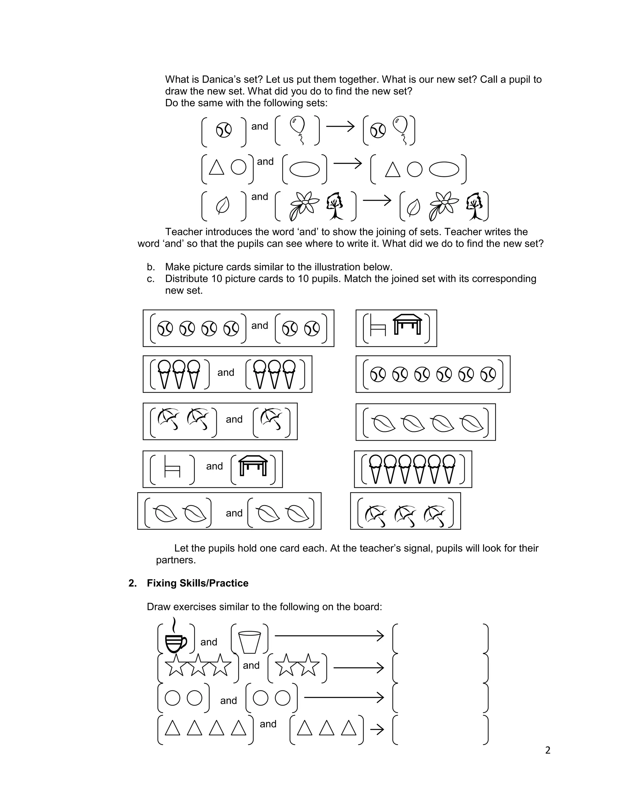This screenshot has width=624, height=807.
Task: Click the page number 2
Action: (548, 750)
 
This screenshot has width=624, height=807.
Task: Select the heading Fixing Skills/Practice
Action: (197, 583)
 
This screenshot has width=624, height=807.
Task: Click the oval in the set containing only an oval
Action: (304, 170)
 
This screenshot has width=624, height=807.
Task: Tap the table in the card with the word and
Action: (253, 466)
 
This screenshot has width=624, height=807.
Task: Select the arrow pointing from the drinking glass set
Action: (329, 636)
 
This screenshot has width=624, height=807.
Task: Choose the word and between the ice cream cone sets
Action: (225, 372)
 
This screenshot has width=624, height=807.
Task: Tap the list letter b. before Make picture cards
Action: (151, 267)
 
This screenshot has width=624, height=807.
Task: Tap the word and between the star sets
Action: (251, 665)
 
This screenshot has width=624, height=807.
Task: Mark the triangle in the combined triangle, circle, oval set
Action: (392, 170)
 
